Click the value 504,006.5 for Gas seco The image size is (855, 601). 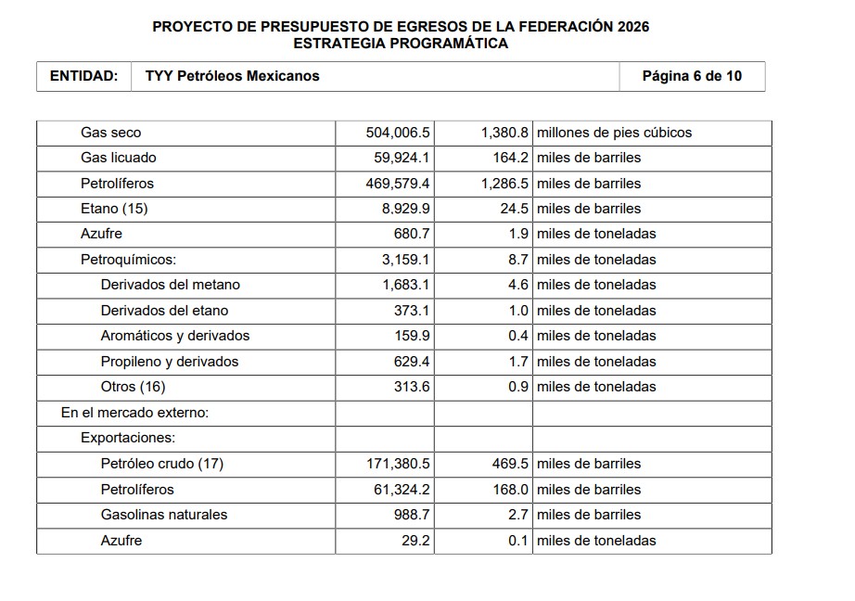pyautogui.click(x=398, y=133)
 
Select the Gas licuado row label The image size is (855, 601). pyautogui.click(x=119, y=158)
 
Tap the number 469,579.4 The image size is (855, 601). pyautogui.click(x=398, y=184)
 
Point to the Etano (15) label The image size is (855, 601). pyautogui.click(x=114, y=209)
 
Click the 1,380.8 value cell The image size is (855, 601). pyautogui.click(x=504, y=133)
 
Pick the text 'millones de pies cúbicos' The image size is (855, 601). pyautogui.click(x=614, y=133)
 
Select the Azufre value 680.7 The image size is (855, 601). pyautogui.click(x=412, y=234)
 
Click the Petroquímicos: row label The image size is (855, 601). pyautogui.click(x=128, y=260)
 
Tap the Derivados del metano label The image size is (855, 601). pyautogui.click(x=171, y=285)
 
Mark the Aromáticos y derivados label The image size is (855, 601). pyautogui.click(x=175, y=336)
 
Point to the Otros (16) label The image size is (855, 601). pyautogui.click(x=133, y=387)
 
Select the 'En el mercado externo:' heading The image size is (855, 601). pyautogui.click(x=134, y=413)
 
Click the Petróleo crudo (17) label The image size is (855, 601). pyautogui.click(x=162, y=464)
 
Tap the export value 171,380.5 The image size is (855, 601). pyautogui.click(x=398, y=464)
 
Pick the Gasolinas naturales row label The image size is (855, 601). pyautogui.click(x=164, y=515)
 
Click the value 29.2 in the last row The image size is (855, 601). pyautogui.click(x=415, y=541)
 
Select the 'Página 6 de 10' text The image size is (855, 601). pyautogui.click(x=692, y=76)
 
